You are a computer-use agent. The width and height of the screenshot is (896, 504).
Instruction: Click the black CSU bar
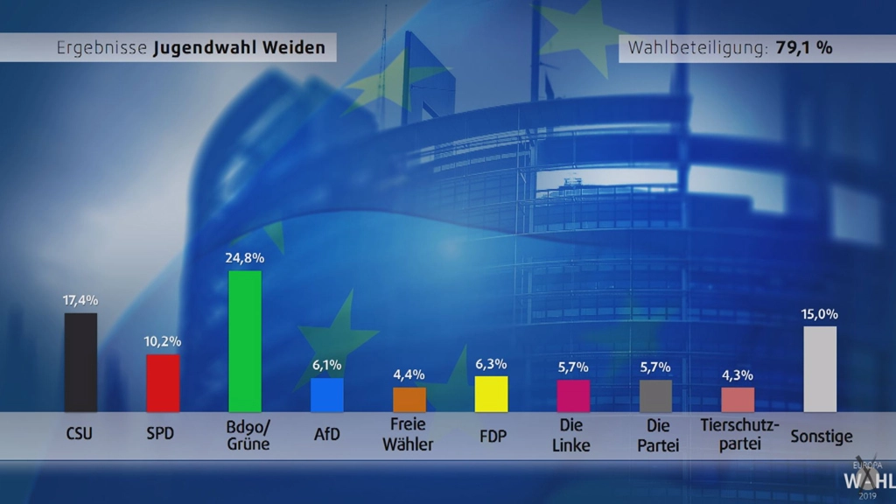[80, 362]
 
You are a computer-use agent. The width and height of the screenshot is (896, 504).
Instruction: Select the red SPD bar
[163, 382]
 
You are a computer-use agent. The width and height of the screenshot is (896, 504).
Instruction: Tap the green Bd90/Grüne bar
[245, 341]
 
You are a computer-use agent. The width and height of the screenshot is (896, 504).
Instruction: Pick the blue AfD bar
[327, 395]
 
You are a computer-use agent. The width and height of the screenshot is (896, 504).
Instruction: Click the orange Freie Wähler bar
[409, 399]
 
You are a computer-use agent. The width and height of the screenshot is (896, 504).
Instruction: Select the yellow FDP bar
[491, 394]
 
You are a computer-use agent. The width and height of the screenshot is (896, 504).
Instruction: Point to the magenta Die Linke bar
[573, 395]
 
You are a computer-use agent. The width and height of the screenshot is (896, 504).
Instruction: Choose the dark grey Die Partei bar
[655, 395]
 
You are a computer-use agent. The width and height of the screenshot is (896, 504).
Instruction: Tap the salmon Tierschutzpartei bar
[738, 399]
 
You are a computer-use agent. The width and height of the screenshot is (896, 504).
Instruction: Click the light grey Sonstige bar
[820, 368]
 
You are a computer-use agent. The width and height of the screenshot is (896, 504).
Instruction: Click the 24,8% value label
[245, 258]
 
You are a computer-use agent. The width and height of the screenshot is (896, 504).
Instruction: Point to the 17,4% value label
[80, 300]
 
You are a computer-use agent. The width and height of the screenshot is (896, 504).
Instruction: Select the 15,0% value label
[820, 313]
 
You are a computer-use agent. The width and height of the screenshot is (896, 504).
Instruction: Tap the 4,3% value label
[738, 374]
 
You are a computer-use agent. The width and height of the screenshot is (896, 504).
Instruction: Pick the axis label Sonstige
[821, 435]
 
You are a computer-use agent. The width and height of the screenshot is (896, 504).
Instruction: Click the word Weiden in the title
[296, 48]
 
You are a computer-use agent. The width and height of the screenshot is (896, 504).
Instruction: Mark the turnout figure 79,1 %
[803, 48]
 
